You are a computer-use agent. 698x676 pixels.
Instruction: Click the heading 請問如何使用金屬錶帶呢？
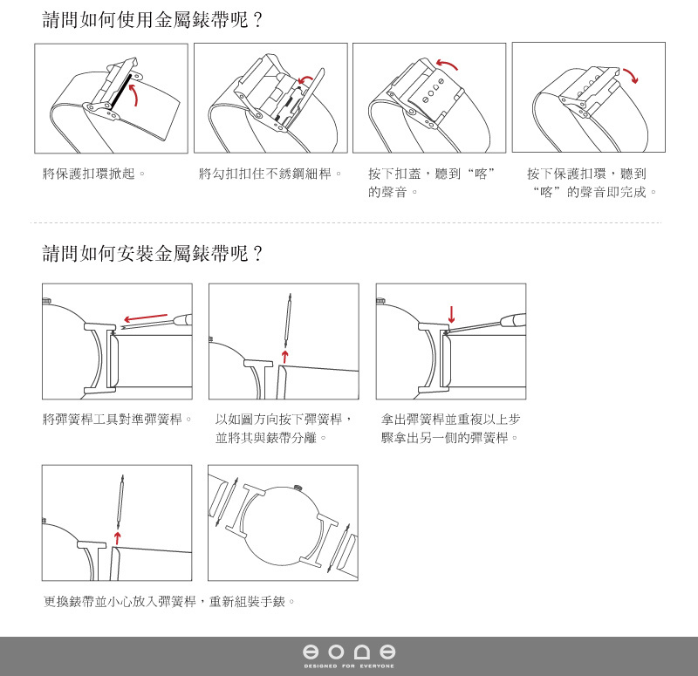[152, 20]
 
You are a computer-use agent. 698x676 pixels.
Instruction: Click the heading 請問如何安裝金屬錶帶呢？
[152, 253]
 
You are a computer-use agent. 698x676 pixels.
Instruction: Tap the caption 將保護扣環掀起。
[94, 173]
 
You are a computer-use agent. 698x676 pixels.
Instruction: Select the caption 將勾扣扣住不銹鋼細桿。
[270, 173]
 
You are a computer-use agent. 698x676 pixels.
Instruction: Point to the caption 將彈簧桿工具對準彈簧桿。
[117, 419]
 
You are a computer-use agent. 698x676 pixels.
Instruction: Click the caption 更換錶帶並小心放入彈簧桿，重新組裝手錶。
[169, 602]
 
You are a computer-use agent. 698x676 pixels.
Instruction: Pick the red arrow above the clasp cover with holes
[447, 64]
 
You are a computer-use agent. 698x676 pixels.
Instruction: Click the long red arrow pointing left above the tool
[146, 318]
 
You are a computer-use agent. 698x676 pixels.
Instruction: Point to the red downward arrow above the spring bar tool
[451, 314]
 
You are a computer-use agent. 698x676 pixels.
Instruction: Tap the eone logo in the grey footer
[349, 652]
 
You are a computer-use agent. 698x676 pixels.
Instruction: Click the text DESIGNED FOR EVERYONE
[349, 666]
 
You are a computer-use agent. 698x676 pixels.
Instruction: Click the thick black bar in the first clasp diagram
[121, 92]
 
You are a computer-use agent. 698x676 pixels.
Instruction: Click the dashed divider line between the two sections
[346, 222]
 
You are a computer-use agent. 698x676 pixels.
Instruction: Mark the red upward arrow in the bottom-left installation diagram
[117, 537]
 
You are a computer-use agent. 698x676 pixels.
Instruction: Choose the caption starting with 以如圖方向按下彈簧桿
[284, 428]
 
